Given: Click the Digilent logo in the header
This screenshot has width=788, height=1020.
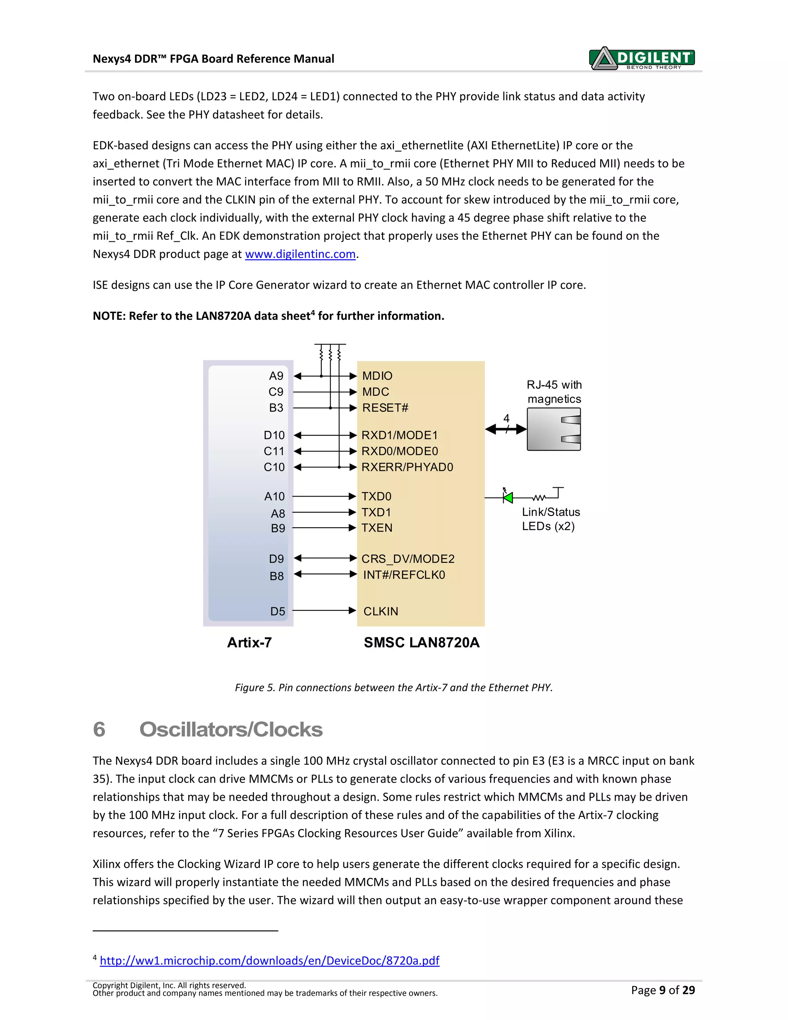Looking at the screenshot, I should coord(642,59).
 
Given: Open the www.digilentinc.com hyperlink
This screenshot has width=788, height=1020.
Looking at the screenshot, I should coord(300,254).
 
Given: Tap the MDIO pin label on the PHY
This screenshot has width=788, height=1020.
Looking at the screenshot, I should coord(377,376).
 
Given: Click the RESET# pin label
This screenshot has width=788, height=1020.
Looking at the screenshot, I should coord(385,408).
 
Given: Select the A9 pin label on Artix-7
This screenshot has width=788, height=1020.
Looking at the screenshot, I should coord(276,376).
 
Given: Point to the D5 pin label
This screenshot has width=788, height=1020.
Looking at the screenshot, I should coord(277,611).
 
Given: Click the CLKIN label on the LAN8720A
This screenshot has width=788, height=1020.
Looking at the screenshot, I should coord(381,611).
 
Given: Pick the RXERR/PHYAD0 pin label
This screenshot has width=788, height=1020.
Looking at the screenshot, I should coord(407,467).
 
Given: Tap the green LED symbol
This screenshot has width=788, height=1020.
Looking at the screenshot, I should coord(508,497).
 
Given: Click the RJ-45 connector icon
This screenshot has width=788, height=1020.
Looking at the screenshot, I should coord(554,429).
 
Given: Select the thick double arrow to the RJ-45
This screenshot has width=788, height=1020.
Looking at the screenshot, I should coord(506,429).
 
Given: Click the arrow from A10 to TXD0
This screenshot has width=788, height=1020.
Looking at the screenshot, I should coord(324,496).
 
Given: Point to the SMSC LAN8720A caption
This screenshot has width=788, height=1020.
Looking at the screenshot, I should coord(422,643).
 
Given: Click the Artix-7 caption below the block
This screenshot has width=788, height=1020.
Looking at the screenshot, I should coord(249,643).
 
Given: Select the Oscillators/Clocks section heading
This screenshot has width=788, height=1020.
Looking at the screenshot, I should coord(230,729).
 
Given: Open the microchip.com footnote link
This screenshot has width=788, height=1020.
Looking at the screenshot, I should coord(269,960).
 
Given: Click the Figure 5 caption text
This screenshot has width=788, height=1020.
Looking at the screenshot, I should coord(394,687).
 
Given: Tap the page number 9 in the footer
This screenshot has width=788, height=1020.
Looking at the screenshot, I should coord(662,990).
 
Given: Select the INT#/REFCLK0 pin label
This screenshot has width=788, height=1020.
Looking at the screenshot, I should coord(404,575).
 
